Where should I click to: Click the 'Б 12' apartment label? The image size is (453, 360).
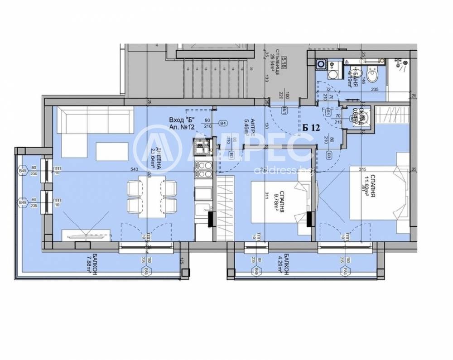[311, 128]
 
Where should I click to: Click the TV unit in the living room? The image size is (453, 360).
[86, 235]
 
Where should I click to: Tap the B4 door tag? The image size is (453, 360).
[223, 123]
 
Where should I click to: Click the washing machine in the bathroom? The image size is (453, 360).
[321, 65]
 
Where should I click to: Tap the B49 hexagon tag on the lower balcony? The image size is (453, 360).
[256, 271]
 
